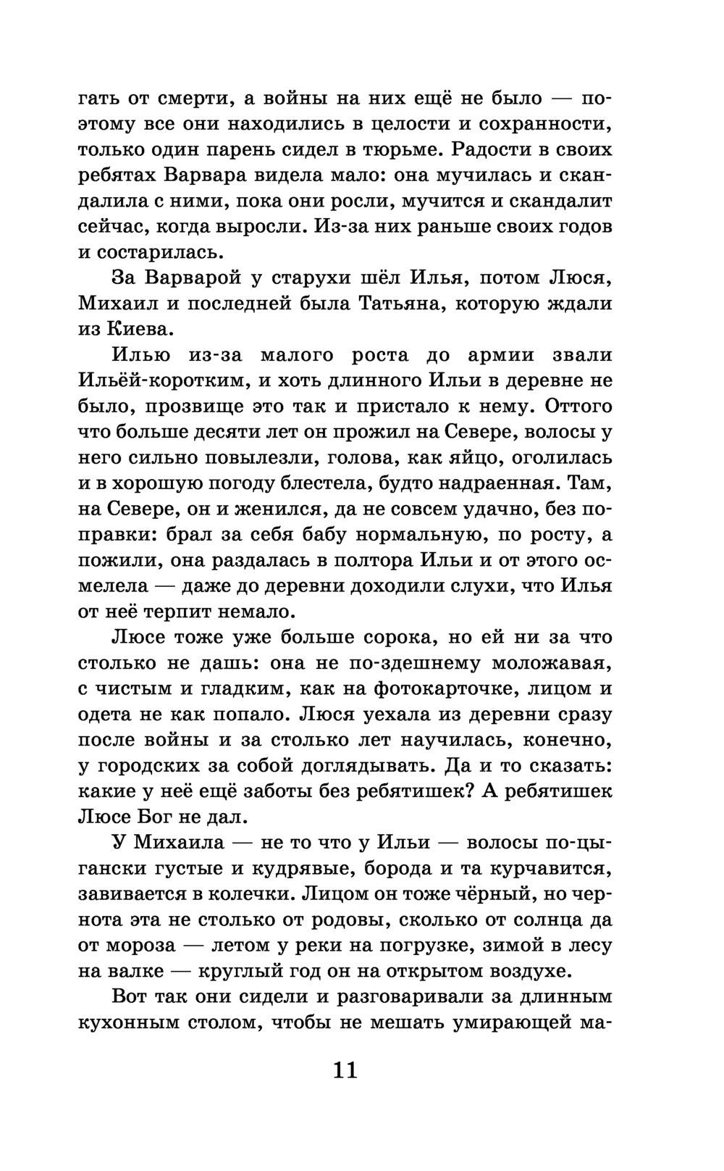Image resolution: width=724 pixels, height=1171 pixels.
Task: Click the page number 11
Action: coord(345,1070)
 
